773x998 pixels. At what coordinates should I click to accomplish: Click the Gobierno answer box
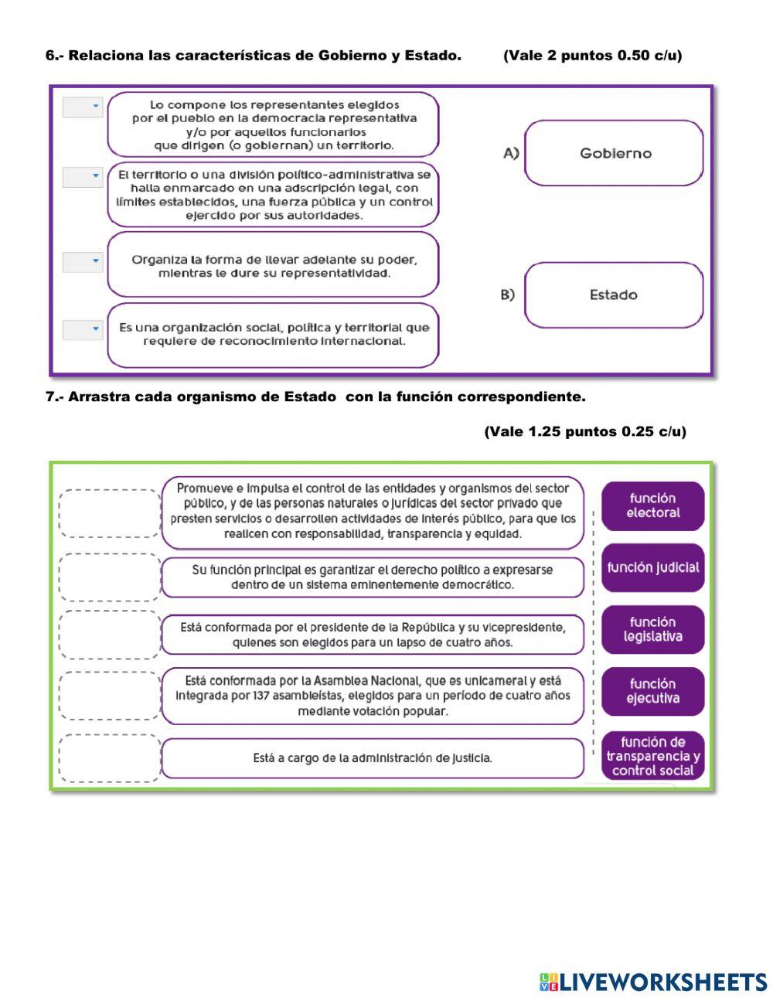click(614, 153)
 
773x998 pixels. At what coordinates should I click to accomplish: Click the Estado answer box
click(614, 295)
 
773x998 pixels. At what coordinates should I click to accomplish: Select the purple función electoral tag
click(652, 506)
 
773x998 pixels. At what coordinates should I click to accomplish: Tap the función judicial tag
click(652, 567)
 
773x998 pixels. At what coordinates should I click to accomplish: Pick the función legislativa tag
click(652, 629)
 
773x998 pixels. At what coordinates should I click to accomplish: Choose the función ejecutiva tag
click(652, 691)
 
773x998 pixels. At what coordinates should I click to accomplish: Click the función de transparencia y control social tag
click(652, 756)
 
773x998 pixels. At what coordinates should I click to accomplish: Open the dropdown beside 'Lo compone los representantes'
click(83, 107)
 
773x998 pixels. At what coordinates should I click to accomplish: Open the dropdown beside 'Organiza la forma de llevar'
click(83, 262)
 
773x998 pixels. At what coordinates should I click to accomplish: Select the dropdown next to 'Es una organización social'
click(83, 330)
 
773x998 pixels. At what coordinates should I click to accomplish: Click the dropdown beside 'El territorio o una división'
click(83, 178)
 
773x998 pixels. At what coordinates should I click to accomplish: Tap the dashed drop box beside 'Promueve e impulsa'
click(109, 513)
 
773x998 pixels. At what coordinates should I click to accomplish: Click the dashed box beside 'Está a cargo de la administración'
click(109, 758)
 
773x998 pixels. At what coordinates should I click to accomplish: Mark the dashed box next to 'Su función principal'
click(109, 577)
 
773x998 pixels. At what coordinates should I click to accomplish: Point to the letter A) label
click(511, 153)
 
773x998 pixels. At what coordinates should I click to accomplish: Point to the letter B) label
click(508, 295)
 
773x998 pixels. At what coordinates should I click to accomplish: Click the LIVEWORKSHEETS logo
click(653, 982)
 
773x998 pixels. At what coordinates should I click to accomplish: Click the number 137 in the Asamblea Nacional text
click(264, 696)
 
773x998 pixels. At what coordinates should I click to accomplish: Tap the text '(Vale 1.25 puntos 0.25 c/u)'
click(585, 431)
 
